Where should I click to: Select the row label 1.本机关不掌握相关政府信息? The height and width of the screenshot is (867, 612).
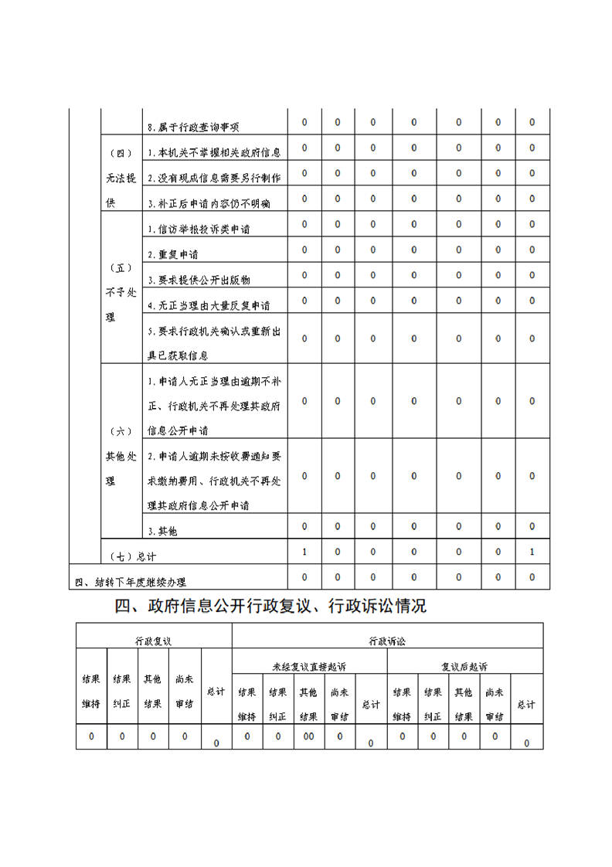tap(214, 154)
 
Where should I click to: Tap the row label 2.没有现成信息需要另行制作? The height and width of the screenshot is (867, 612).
tap(214, 178)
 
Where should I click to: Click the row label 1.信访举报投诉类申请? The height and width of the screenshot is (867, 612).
tap(199, 229)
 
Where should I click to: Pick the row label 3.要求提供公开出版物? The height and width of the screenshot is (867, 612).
tap(199, 280)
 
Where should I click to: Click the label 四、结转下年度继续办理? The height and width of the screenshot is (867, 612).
tap(130, 582)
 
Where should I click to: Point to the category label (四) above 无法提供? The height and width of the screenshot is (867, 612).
tap(121, 154)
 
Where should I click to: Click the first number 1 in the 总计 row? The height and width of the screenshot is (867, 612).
tap(304, 552)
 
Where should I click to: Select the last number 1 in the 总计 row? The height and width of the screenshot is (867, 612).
tap(532, 552)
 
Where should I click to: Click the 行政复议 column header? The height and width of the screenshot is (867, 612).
tap(153, 641)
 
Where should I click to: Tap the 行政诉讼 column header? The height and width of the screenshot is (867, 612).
tap(387, 641)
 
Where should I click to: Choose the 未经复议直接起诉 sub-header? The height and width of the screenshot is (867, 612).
tap(309, 666)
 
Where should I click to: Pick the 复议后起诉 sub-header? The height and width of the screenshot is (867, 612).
tap(464, 666)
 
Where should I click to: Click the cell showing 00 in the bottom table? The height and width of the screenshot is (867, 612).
tap(309, 736)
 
